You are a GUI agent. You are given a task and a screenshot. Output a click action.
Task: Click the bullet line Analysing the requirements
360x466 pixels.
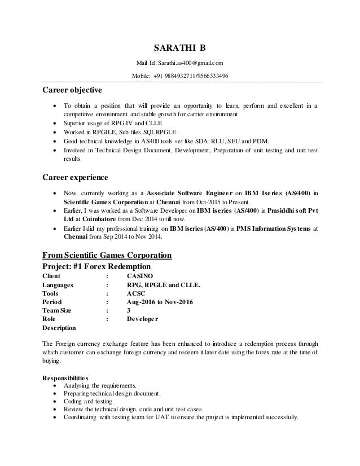coord(104,385)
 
